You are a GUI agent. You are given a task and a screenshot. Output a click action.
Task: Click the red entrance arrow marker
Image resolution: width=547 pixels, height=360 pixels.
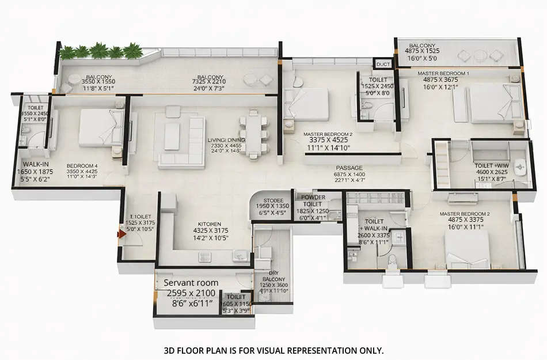coord(121,234)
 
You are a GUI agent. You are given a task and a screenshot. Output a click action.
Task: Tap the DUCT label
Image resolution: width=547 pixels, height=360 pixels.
coord(382,65)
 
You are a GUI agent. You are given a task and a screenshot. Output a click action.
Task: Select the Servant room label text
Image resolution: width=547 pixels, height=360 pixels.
coord(191,283)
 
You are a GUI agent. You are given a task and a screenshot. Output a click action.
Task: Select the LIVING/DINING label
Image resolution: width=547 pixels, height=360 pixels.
coord(226,140)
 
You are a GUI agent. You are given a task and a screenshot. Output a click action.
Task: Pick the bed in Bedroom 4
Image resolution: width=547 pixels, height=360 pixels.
coord(101,127)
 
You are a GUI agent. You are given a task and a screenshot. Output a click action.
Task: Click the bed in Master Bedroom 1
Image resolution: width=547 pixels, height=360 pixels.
coord(489,104)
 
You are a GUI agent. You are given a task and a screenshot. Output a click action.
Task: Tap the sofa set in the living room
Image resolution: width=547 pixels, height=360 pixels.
coord(180,141)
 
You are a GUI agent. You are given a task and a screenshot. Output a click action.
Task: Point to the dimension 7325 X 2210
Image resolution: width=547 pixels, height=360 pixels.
coord(210,82)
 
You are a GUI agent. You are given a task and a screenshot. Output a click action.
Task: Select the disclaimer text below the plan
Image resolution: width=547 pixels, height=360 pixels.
coord(273,350)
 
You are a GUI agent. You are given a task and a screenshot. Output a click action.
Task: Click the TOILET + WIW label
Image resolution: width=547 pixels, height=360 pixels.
coord(491,165)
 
